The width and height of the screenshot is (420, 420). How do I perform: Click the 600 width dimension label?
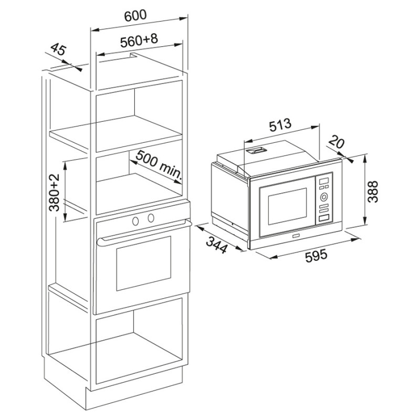pos(135,16)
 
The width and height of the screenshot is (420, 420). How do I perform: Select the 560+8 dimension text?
pos(139,40)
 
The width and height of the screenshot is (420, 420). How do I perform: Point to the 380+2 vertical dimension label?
pos(55,192)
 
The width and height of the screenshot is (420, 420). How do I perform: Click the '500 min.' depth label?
pos(159,165)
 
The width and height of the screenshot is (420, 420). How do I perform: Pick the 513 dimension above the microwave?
pos(280,125)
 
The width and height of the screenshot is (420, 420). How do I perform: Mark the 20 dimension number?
pos(337,142)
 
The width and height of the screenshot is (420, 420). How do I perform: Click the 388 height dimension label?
pos(373,192)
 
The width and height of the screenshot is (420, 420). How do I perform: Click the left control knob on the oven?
pos(135,221)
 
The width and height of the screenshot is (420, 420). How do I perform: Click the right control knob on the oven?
pos(151,218)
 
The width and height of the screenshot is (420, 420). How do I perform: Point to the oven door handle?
pos(143,231)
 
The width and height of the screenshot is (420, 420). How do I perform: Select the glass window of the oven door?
pos(143,264)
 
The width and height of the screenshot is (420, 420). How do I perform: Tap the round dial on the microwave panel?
pos(324,197)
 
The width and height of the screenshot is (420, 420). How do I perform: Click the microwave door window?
pos(287,206)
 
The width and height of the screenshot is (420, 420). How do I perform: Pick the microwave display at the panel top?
pos(324,181)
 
